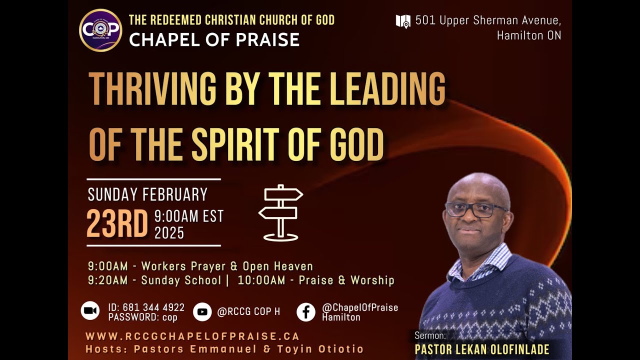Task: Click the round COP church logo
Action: click(100, 30)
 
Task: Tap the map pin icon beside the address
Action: click(403, 21)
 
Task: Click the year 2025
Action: click(169, 233)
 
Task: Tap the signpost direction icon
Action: click(280, 212)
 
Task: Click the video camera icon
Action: click(90, 311)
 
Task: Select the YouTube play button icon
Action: click(202, 311)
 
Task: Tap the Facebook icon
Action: click(306, 312)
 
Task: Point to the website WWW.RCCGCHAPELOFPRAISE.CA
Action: click(192, 336)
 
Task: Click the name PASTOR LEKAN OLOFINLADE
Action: click(482, 349)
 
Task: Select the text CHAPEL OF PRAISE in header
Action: click(214, 39)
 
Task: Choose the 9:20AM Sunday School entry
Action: click(154, 280)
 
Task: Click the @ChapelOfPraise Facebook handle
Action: click(360, 307)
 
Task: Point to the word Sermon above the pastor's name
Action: click(429, 335)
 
